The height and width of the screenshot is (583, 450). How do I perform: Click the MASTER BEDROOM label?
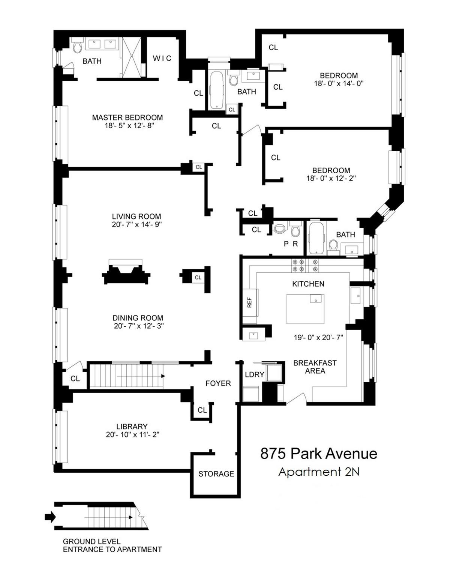tap(127, 117)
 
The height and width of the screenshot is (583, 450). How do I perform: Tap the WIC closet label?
tap(162, 58)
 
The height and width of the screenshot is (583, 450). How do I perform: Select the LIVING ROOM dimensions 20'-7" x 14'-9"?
tap(136, 224)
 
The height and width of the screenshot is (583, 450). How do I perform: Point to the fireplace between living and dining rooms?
tap(126, 271)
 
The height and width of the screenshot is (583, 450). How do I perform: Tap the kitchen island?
tap(306, 309)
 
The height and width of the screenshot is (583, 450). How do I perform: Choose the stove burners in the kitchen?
tap(306, 265)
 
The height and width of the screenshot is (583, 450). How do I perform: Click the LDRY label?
tap(255, 374)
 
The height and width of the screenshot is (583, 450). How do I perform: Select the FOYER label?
tap(218, 383)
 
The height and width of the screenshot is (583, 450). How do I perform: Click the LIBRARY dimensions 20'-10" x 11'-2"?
tap(132, 435)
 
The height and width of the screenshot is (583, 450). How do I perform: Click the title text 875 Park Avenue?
tap(319, 454)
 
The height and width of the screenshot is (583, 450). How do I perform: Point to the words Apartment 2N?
tap(319, 472)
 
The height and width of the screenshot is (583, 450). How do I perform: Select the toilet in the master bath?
tap(77, 46)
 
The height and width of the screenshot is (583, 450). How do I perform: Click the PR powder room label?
tap(291, 244)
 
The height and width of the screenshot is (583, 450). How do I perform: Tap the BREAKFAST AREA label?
tap(315, 367)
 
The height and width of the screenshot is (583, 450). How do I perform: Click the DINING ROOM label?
tap(138, 318)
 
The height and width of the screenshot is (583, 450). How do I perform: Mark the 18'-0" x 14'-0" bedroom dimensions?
tap(339, 83)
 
